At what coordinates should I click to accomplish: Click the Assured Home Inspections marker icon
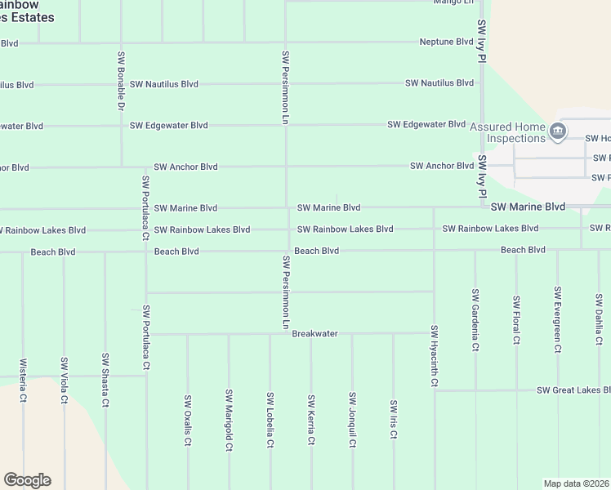coord(558,131)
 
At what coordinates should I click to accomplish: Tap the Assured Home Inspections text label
coord(507,132)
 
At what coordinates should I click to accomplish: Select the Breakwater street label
coord(314,334)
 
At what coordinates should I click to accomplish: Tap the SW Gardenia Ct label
coord(475,319)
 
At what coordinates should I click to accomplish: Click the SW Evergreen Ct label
coord(558,319)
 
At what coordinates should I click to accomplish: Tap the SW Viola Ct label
coord(64,381)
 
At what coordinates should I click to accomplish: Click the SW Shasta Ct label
coord(105,381)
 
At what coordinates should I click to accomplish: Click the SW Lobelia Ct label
coord(270,421)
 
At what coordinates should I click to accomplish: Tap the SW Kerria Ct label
coord(311,421)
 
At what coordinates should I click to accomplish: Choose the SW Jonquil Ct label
coord(353,421)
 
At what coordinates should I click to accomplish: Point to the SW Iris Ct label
coord(394,421)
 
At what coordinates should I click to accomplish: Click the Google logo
coord(27,480)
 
